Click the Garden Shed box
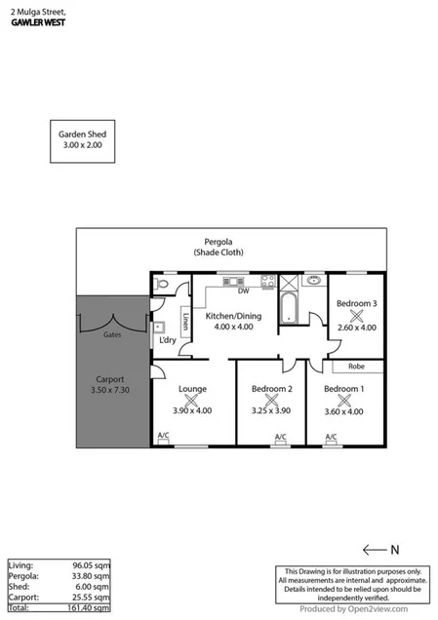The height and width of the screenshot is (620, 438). pos(83,139)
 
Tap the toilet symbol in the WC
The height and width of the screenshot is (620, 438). pos(163,285)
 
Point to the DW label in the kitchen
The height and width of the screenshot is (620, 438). pos(242,291)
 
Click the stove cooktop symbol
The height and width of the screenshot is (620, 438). pos(265,283)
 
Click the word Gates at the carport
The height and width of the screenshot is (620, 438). pos(112,333)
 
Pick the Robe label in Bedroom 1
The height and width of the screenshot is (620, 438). pos(354,368)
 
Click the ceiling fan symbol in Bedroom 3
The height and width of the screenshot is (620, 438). pos(355,317)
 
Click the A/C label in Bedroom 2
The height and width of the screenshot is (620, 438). pos(280,437)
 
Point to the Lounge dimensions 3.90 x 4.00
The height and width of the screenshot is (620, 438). pos(192,411)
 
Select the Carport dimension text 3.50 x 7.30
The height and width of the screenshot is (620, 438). pos(109,391)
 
